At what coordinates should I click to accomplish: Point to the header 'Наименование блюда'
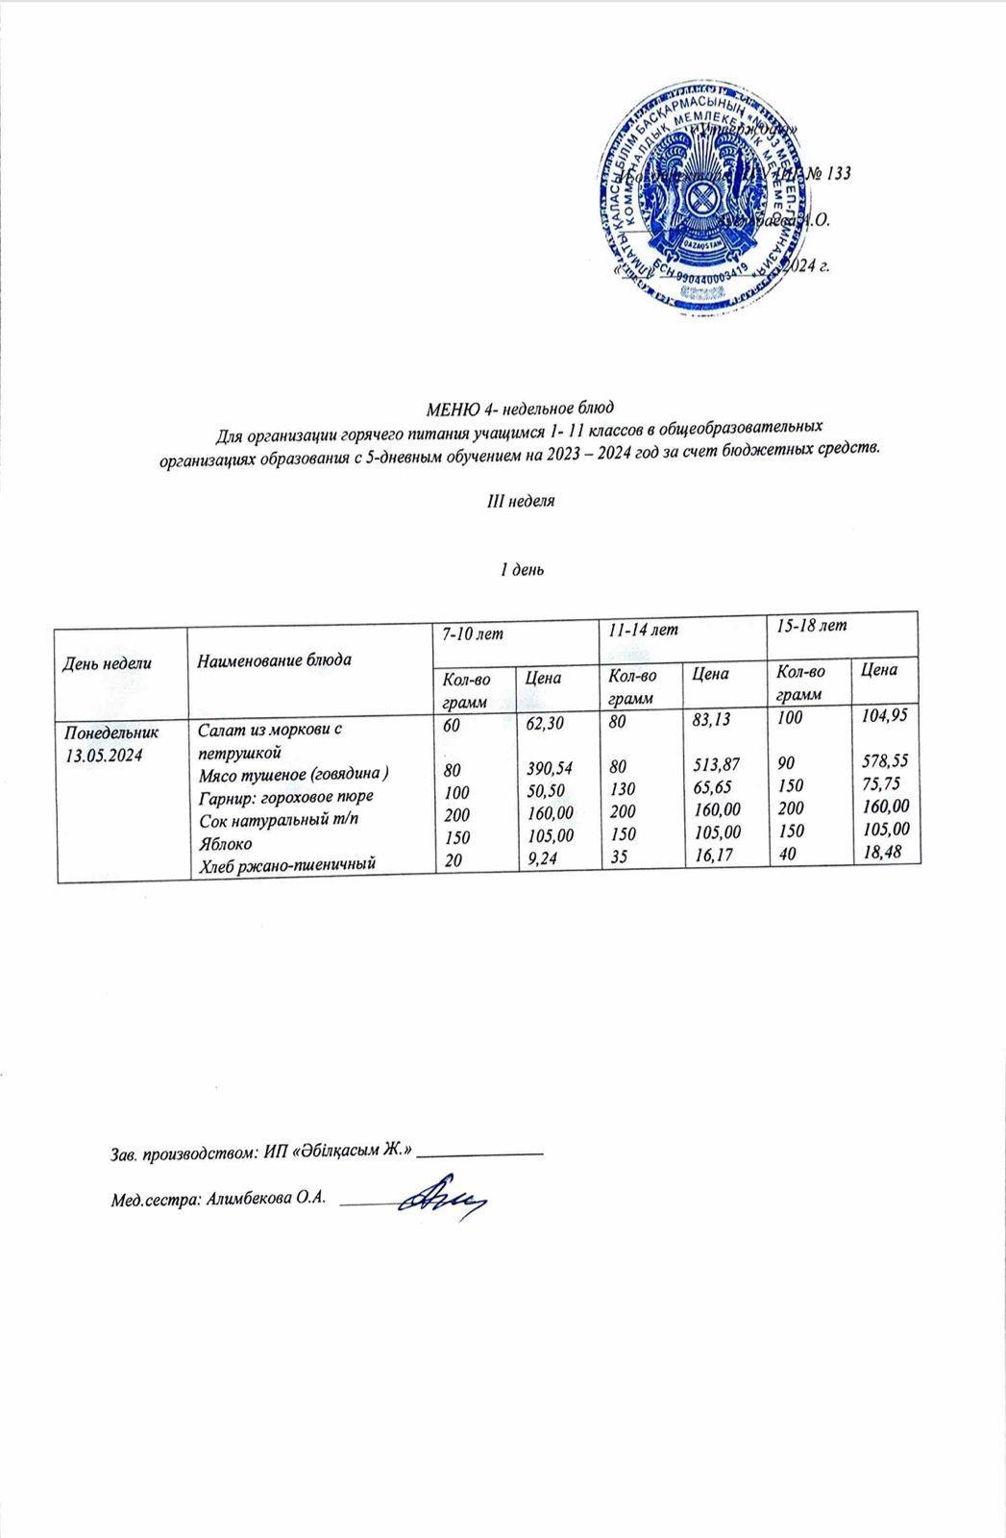point(273,659)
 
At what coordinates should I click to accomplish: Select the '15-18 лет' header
point(813,625)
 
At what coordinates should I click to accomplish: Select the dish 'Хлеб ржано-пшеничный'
point(285,866)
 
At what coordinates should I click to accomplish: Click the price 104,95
point(885,715)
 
